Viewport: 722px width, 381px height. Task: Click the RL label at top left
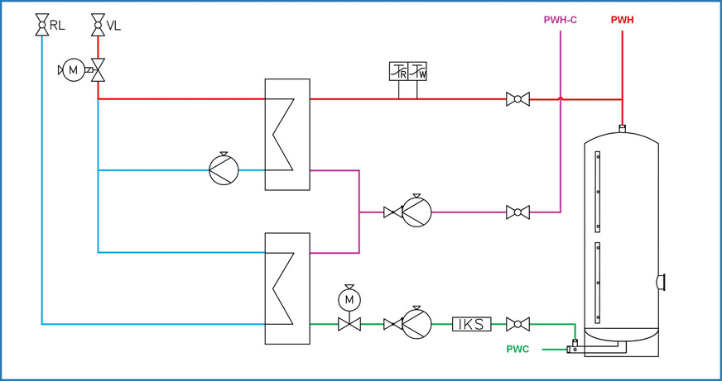point(57,26)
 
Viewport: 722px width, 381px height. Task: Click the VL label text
point(114,26)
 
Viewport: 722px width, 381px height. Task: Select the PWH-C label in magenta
point(560,19)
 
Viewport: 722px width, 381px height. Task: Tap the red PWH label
point(622,19)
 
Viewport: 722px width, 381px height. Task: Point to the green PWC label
point(517,350)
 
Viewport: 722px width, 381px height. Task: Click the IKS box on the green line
point(472,324)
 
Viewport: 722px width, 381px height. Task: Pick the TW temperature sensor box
point(418,72)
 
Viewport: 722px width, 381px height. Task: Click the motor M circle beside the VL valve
point(74,70)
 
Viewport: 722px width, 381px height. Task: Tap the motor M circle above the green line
point(349,297)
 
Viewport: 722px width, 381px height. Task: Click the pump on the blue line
point(224,169)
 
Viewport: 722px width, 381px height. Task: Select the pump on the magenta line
point(416,212)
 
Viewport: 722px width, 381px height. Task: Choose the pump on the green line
point(416,324)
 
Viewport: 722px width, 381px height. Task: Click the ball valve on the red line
point(517,99)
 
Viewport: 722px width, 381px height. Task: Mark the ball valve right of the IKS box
point(517,324)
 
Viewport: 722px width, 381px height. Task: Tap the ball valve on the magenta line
point(517,212)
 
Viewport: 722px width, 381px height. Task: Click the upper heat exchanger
point(286,135)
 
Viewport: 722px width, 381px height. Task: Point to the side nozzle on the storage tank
point(662,282)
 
